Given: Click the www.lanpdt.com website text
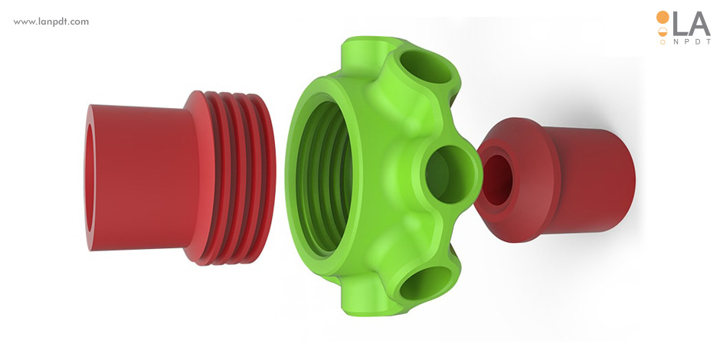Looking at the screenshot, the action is pos(51,21).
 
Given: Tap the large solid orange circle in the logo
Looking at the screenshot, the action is pos(663,18).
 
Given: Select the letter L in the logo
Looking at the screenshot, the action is pos(680,24).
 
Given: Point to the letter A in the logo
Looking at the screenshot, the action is pos(699,24).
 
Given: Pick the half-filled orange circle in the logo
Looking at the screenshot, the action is pos(663,31).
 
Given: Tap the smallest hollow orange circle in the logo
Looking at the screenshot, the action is pos(663,42).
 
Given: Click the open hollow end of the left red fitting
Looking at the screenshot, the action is pos(90,178).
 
